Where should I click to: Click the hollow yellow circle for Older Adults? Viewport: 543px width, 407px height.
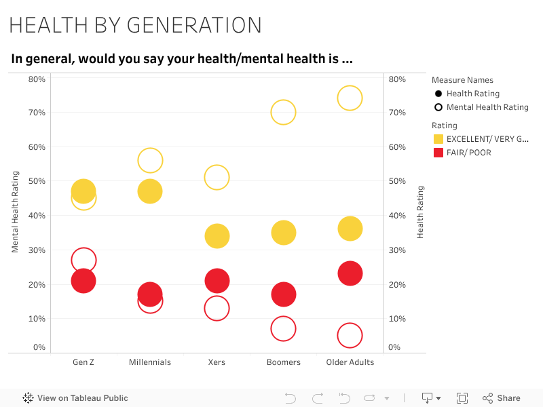click(350, 98)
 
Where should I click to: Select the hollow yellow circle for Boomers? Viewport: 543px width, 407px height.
click(283, 112)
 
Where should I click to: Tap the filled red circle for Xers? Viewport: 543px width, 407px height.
click(217, 281)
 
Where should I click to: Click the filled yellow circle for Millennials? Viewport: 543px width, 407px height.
click(150, 191)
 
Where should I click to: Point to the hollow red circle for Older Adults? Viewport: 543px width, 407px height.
click(350, 335)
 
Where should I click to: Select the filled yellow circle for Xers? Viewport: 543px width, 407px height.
click(217, 236)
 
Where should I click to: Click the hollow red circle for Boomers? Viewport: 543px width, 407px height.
click(283, 329)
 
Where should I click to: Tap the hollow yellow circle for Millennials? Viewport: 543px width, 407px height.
click(150, 160)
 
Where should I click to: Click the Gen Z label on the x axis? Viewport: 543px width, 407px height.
click(83, 362)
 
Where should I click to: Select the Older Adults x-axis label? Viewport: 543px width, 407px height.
click(350, 362)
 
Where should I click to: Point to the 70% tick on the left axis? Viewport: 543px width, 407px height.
click(37, 113)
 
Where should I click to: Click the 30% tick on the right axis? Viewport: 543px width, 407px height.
click(397, 250)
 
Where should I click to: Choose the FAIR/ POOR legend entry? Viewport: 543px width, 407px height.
click(468, 153)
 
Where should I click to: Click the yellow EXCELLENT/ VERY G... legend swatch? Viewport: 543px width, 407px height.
click(438, 139)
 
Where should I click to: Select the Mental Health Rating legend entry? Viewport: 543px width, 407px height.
click(487, 107)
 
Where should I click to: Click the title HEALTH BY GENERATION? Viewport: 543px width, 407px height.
click(135, 25)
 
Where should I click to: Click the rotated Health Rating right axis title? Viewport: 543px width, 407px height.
click(420, 212)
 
